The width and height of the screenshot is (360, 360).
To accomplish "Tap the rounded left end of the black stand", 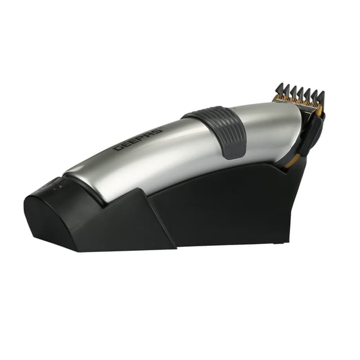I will click(x=34, y=214).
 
